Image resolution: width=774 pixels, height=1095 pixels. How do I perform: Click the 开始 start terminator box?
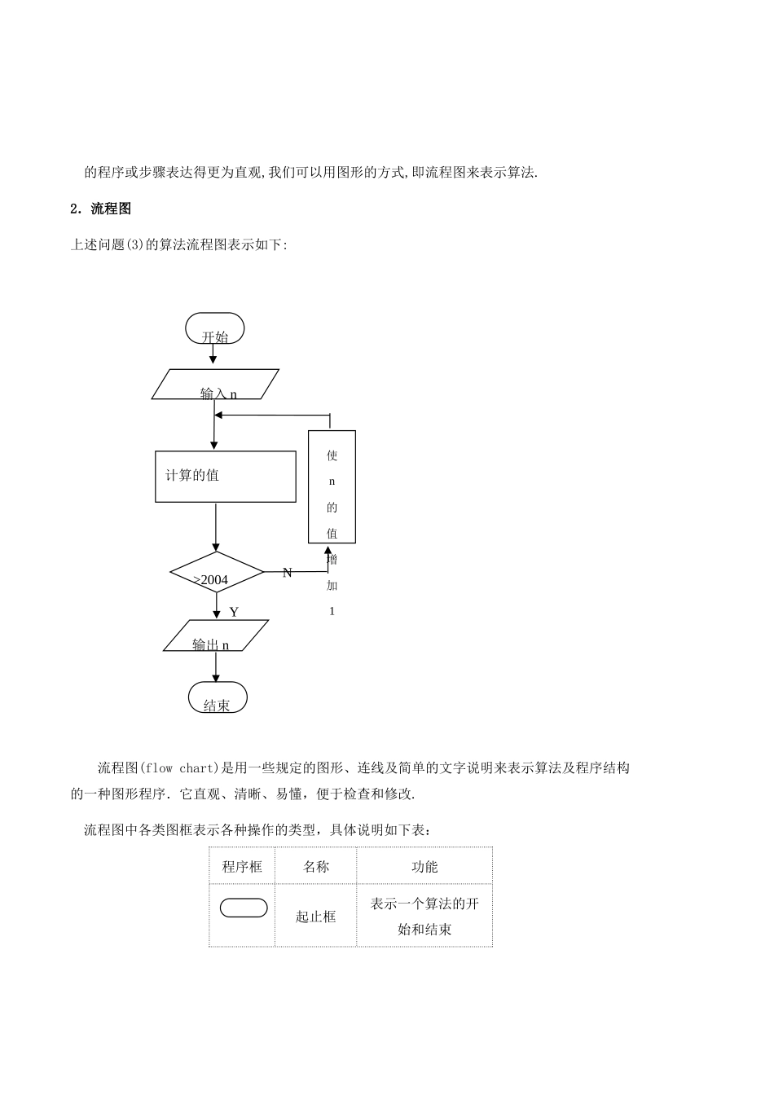coord(214,329)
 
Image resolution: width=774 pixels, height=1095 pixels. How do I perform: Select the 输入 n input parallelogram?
coord(216,385)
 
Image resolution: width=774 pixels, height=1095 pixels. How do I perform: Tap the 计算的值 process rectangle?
coord(225,477)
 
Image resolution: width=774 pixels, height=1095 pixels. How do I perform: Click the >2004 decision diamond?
coord(217,573)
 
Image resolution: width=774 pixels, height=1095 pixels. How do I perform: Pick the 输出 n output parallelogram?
coord(216,635)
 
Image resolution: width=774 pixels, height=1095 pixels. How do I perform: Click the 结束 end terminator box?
coord(217,698)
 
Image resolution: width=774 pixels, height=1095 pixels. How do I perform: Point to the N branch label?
coord(287,573)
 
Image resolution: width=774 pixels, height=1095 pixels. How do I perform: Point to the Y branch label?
coord(234,612)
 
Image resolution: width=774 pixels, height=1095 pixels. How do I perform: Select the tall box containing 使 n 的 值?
coord(332,486)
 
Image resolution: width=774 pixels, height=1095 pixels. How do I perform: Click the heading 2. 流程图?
coord(101,209)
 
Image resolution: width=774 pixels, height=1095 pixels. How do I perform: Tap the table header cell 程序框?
coord(242,867)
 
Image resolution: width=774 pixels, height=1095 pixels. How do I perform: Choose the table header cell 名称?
coord(315,867)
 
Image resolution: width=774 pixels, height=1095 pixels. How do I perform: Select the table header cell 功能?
coord(424,867)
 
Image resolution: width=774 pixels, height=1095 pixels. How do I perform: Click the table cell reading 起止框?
coord(315,917)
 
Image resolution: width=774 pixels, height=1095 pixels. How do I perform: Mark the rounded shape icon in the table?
coord(243,908)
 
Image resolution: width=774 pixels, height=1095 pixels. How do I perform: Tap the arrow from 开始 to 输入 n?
coord(213,355)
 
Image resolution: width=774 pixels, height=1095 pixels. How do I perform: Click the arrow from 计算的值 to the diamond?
coord(216,527)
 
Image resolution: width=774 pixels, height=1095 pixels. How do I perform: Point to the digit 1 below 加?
coord(332,612)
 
